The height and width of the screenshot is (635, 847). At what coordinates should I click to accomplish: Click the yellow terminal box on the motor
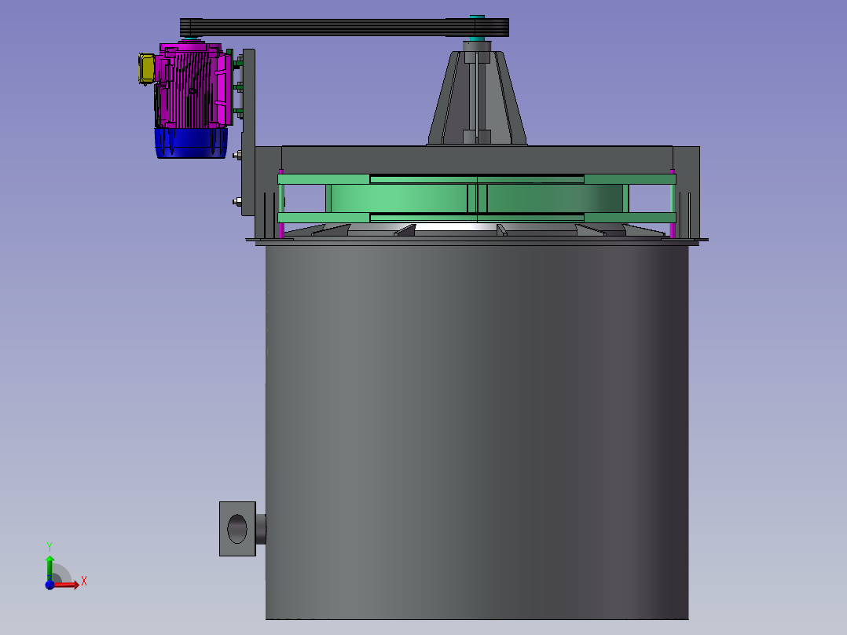click(x=146, y=68)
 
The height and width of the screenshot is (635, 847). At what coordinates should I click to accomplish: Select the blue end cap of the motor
click(x=191, y=143)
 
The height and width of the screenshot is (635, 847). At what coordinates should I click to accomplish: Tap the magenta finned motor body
click(x=193, y=86)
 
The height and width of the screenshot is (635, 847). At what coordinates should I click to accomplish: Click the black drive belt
click(x=344, y=27)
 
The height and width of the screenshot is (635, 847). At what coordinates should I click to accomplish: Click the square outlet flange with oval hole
click(x=237, y=529)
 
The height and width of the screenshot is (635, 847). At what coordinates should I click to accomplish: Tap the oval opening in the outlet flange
click(x=237, y=529)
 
